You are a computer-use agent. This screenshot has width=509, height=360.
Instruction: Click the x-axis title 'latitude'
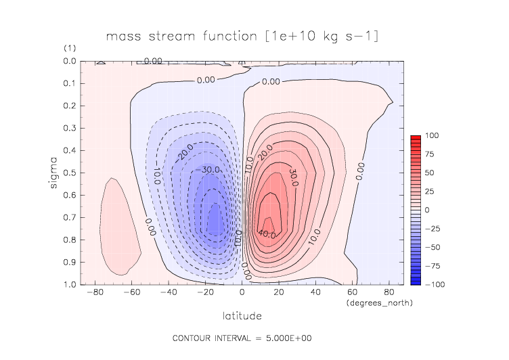pyautogui.click(x=242, y=316)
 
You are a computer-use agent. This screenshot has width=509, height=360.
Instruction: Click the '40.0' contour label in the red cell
pyautogui.click(x=267, y=234)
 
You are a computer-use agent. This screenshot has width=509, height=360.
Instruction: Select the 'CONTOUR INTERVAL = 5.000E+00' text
pyautogui.click(x=242, y=338)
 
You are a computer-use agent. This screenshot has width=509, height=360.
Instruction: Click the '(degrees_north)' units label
pyautogui.click(x=379, y=302)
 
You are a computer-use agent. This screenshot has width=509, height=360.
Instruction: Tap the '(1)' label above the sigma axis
pyautogui.click(x=69, y=49)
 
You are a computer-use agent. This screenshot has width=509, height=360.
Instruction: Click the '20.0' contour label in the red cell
pyautogui.click(x=265, y=148)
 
